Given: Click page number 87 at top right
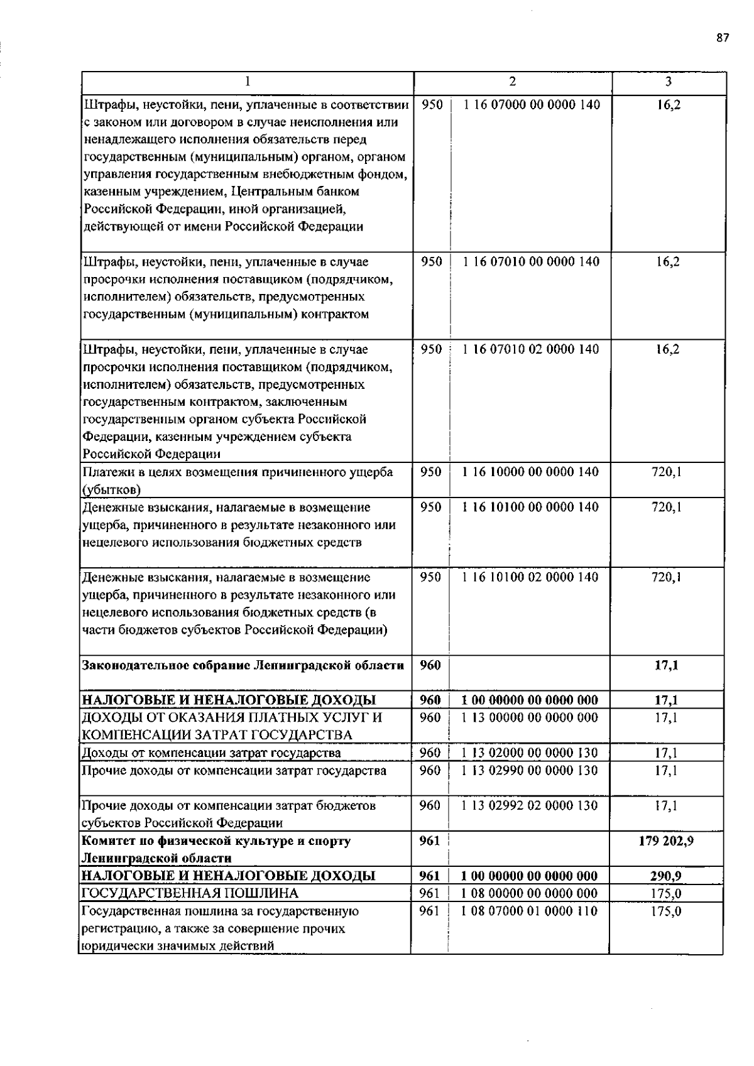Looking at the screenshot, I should click(722, 38).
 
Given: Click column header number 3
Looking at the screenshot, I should click(668, 82).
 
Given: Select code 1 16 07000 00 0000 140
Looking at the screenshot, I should click(532, 104).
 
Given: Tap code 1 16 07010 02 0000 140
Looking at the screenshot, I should click(531, 349).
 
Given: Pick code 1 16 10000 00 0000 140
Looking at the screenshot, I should click(531, 472).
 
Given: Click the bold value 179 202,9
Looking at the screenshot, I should click(666, 840).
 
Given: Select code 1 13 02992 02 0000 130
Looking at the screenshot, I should click(530, 805).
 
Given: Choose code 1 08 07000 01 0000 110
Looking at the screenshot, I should click(530, 911).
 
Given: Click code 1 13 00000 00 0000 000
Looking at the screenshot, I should click(530, 717).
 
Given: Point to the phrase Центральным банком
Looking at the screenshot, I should click(303, 192).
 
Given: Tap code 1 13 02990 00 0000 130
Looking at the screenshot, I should click(530, 770).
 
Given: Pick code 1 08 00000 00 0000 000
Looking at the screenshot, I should click(530, 893).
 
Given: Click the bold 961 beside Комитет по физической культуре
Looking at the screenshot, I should click(430, 840).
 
